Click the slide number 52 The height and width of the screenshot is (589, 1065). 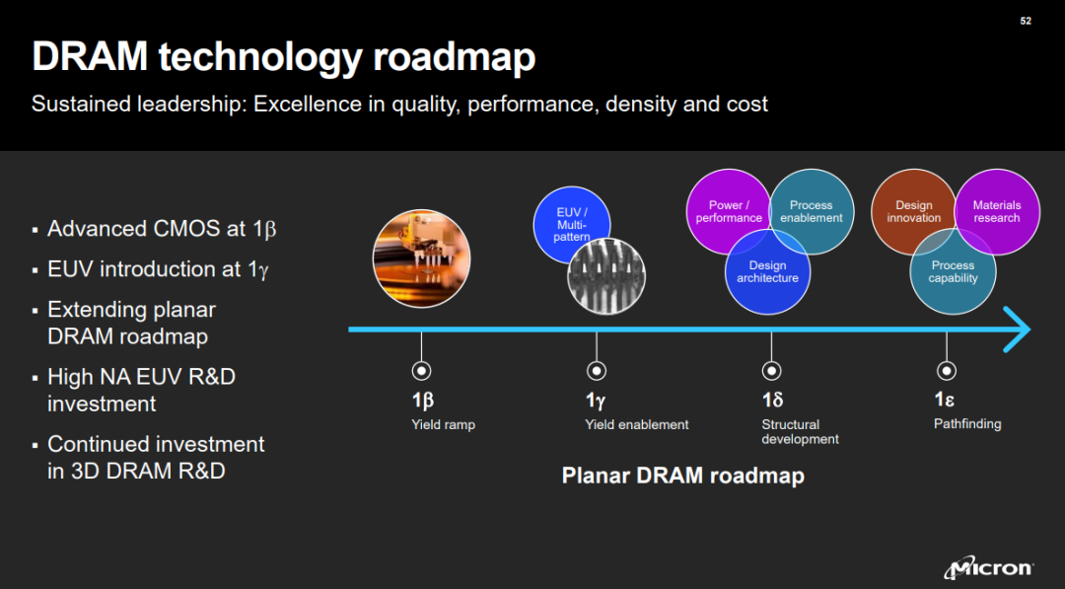[x=1026, y=21]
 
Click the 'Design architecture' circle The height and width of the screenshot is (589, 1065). [x=767, y=271]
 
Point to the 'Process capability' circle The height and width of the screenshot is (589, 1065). [x=953, y=271]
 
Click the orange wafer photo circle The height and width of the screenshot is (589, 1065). [x=421, y=258]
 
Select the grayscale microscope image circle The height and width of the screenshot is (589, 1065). [x=606, y=276]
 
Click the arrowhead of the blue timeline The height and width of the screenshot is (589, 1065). [x=1019, y=330]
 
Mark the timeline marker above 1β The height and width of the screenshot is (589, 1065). [x=421, y=371]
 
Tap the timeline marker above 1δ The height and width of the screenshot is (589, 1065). [x=771, y=371]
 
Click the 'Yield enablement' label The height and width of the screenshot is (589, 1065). [x=637, y=424]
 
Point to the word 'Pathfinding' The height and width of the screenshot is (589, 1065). [x=967, y=424]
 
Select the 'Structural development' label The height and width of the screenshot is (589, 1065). [x=800, y=431]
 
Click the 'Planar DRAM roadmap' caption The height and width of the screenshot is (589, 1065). [x=683, y=475]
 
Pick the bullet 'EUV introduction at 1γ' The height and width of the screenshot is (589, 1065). [x=158, y=269]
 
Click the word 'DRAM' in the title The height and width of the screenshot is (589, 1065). [x=90, y=56]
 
